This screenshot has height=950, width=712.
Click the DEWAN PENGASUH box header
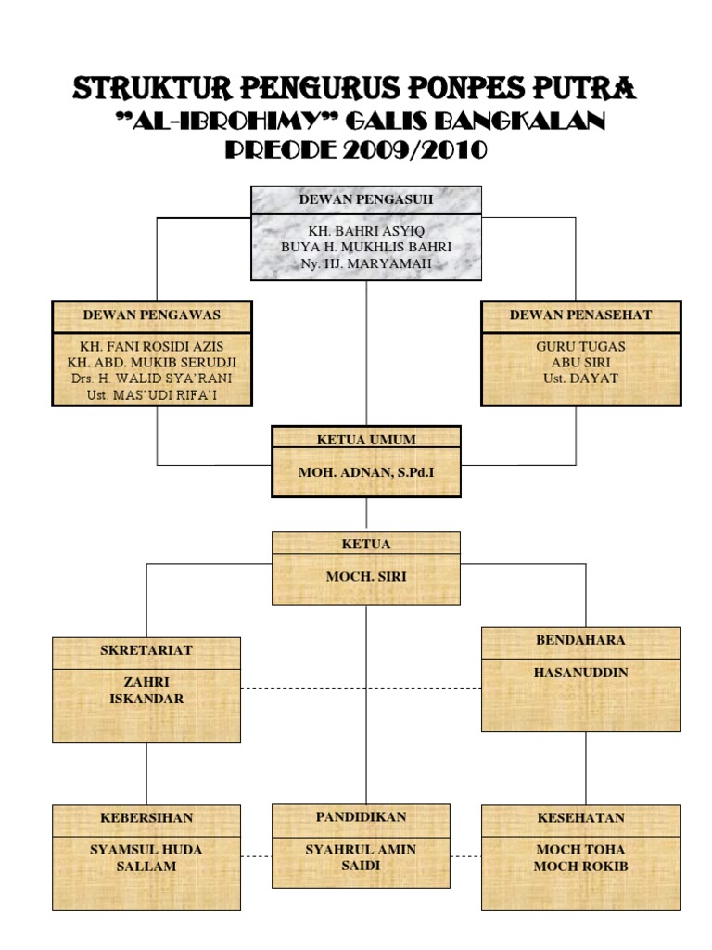point(366,199)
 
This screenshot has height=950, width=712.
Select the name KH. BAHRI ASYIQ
point(366,231)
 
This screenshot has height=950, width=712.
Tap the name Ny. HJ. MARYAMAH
point(366,263)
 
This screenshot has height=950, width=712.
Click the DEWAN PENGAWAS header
point(152,315)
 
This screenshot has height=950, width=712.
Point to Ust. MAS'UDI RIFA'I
point(152,395)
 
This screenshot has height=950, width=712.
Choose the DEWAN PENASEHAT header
point(580,315)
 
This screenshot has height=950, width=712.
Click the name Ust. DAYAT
point(580,379)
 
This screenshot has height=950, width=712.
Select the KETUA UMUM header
point(366,440)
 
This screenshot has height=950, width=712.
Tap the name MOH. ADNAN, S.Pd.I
point(366,472)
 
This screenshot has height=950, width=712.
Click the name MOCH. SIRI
point(366,577)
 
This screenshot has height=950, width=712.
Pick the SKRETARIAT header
point(146,650)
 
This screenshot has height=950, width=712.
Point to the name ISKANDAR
point(146,699)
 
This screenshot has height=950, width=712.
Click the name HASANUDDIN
point(580,673)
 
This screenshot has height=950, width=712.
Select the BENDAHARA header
point(580,640)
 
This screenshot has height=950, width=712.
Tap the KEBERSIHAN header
point(146,818)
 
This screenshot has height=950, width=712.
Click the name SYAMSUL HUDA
point(146,850)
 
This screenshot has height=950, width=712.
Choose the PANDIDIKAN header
point(361,817)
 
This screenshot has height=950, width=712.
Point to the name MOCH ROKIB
point(580,867)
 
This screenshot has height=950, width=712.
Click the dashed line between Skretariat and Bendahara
point(361,689)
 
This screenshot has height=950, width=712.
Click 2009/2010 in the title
point(415,149)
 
